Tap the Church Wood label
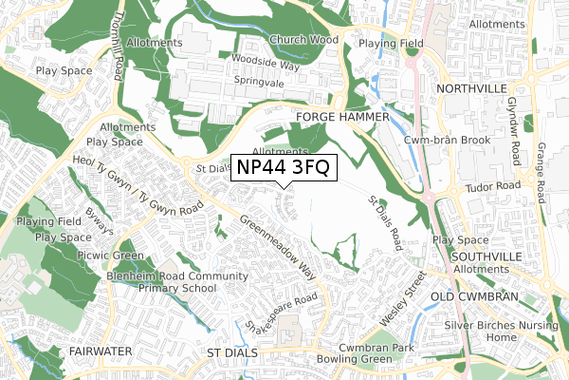coord(303,40)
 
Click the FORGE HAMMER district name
coord(342,117)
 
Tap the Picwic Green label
coord(112,256)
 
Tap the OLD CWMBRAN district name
coord(477,297)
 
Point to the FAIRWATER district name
coord(98,351)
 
